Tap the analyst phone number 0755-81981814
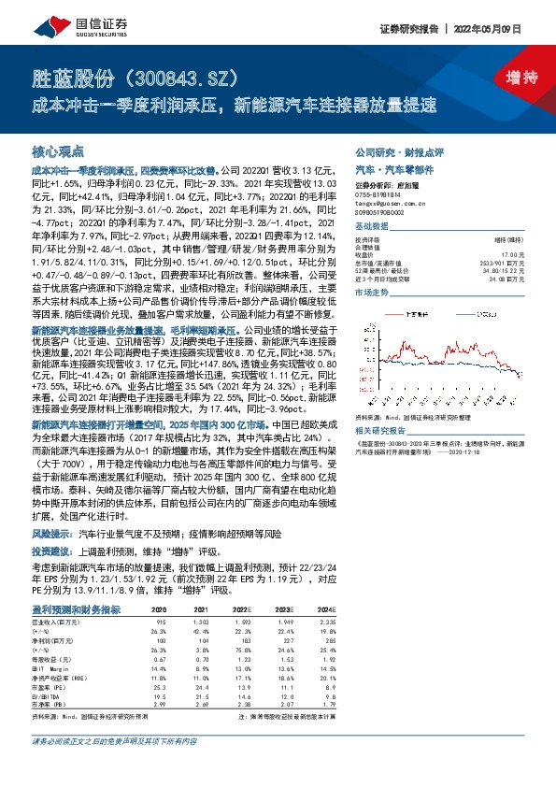point(377,196)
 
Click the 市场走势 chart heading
point(370,293)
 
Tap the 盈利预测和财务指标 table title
point(76,608)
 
